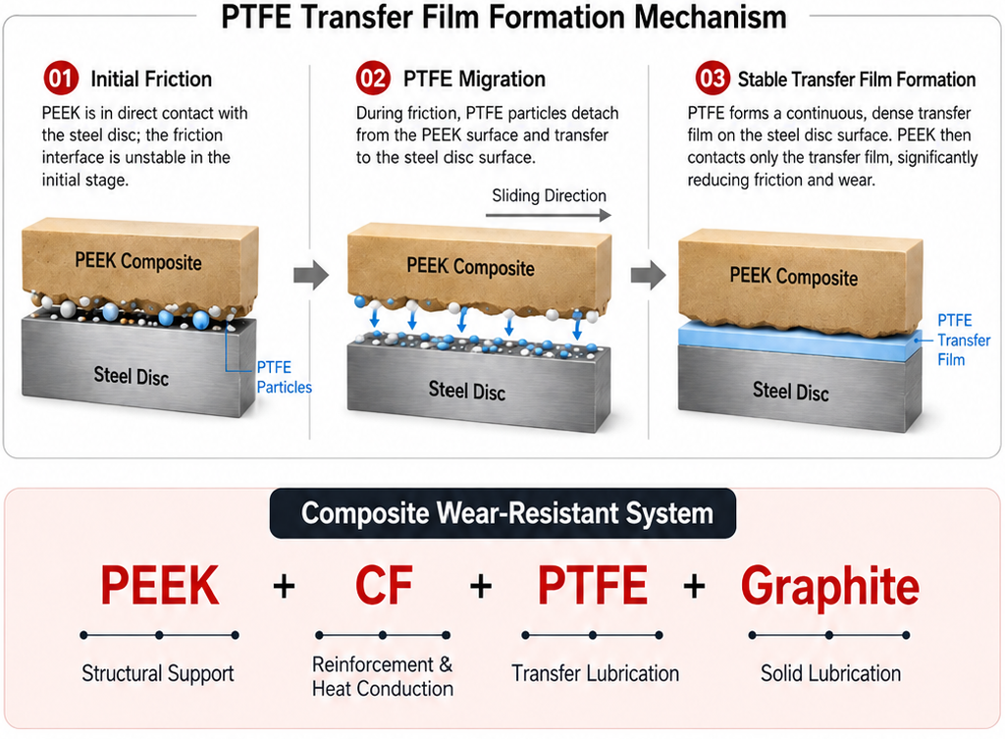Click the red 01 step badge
(61, 79)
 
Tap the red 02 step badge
(373, 79)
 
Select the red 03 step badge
(713, 79)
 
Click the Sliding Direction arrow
(548, 215)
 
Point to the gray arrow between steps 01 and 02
(311, 275)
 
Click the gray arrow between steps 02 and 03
(648, 275)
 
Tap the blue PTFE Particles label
(284, 377)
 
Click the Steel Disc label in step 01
(132, 376)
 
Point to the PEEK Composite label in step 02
(470, 266)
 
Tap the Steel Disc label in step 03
(790, 391)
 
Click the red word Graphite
(830, 586)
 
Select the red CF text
(384, 585)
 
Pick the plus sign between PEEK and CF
(284, 586)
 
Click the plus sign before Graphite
(694, 586)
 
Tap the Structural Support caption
(158, 673)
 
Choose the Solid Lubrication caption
(830, 673)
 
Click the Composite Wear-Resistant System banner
(503, 513)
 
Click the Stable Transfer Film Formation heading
(856, 79)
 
